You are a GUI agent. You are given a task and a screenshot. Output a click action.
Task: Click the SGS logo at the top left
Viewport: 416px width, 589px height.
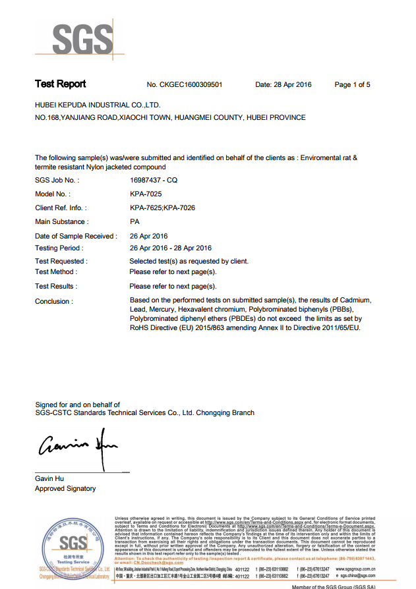[73, 40]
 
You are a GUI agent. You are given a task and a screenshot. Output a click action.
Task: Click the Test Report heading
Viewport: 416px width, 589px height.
[60, 84]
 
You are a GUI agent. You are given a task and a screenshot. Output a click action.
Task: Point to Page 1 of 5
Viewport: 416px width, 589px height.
[352, 85]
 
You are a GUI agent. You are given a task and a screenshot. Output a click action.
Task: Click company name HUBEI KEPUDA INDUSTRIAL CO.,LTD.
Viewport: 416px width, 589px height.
[98, 105]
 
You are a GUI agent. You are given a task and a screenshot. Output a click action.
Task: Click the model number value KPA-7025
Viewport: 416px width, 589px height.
[146, 194]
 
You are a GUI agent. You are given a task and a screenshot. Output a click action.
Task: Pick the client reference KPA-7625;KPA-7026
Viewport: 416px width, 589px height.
[162, 208]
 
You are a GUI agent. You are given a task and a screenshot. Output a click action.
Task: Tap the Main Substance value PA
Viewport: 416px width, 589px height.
[134, 222]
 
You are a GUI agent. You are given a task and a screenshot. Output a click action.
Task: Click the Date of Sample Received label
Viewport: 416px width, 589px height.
[76, 236]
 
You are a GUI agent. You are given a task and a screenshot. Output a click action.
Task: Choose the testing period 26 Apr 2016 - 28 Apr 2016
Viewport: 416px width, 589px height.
[171, 248]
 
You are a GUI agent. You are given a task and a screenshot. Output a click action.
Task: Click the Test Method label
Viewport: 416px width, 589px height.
[55, 271]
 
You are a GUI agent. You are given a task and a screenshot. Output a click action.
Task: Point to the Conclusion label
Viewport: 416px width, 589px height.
[53, 301]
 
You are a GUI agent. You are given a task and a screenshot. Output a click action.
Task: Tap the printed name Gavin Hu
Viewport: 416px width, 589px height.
[49, 478]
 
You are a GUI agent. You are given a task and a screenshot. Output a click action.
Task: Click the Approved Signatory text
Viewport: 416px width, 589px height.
[65, 488]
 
